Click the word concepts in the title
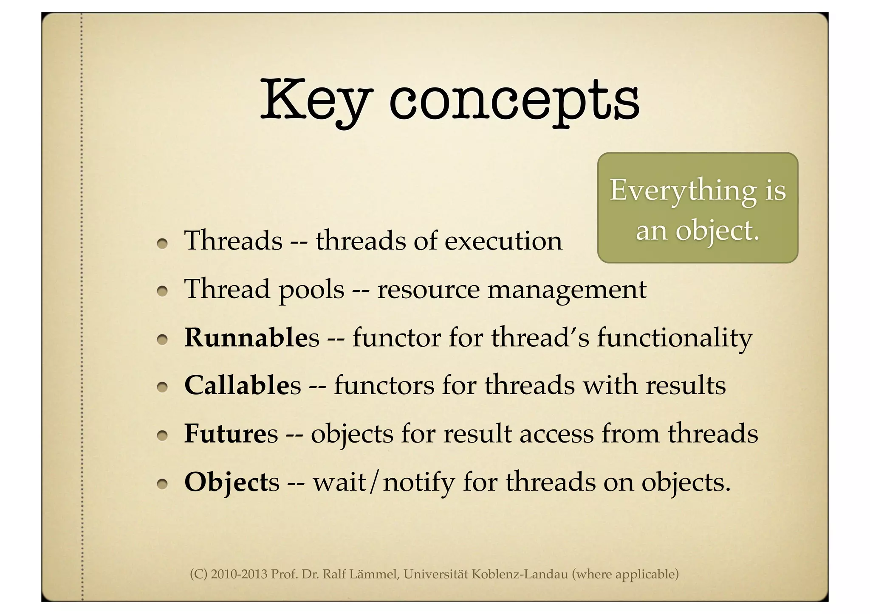point(514,102)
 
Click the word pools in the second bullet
point(311,290)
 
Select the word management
point(567,290)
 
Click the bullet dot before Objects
point(161,484)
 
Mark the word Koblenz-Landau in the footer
point(520,574)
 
